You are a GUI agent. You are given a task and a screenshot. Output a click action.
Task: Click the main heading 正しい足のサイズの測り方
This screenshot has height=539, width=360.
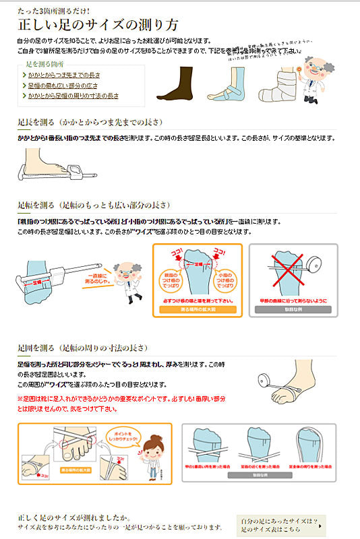tap(98, 26)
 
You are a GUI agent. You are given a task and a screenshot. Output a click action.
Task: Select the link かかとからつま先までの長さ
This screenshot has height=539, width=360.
tap(63, 75)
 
